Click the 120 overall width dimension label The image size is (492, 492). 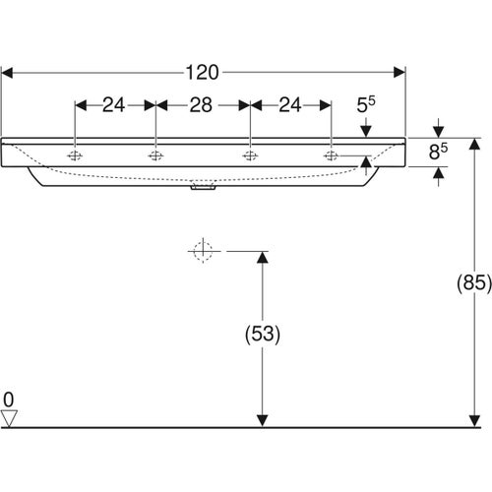click(x=203, y=72)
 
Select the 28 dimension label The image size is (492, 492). click(x=203, y=103)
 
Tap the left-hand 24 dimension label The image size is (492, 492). click(x=114, y=103)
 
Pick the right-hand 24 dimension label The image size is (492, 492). click(x=290, y=103)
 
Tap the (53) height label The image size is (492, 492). click(x=261, y=335)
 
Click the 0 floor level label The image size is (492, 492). click(x=9, y=400)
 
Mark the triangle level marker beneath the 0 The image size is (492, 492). click(x=10, y=418)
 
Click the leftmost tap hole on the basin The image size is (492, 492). click(x=76, y=155)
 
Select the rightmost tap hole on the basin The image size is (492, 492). click(x=331, y=155)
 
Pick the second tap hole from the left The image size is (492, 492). click(x=154, y=155)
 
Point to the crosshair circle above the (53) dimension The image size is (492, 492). click(x=202, y=252)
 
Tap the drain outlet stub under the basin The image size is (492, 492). click(x=203, y=192)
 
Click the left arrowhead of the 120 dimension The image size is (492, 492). click(x=8, y=72)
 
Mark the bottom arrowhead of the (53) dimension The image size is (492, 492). click(x=261, y=420)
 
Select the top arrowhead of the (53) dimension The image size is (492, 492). click(x=261, y=258)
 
